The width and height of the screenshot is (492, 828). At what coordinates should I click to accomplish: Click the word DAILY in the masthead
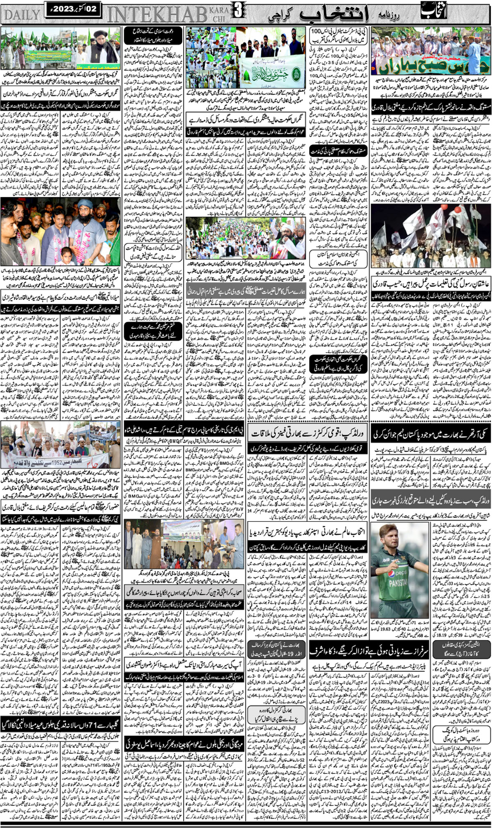pos(21,15)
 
